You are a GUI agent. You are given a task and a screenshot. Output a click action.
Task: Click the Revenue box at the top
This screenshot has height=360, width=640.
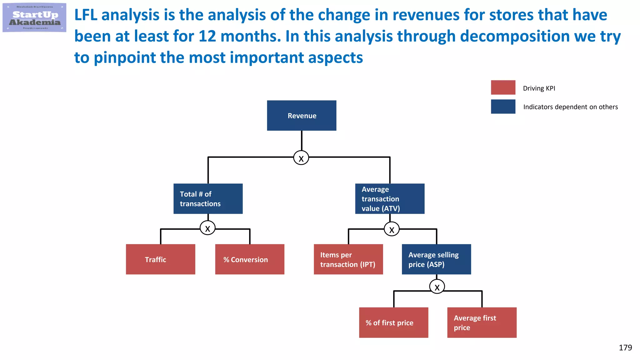click(x=302, y=115)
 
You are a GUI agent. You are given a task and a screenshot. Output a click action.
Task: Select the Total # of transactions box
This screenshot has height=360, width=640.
click(x=208, y=199)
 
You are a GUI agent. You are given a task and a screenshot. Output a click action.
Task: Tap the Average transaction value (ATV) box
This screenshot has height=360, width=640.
click(x=390, y=199)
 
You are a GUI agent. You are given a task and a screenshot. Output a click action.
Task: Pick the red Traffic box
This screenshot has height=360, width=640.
click(x=160, y=259)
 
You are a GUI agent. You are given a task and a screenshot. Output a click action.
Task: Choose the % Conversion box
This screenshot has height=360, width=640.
click(x=250, y=259)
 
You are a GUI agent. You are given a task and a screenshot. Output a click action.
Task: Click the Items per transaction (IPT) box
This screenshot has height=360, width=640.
click(x=348, y=259)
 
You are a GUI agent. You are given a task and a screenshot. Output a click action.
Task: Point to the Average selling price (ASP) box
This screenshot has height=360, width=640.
click(x=436, y=259)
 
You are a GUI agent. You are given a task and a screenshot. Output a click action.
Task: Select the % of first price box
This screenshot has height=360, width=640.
click(x=393, y=322)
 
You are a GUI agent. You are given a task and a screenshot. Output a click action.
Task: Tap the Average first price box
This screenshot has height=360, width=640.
click(x=482, y=322)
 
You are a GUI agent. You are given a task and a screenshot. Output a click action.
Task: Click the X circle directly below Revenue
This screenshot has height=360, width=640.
click(x=301, y=158)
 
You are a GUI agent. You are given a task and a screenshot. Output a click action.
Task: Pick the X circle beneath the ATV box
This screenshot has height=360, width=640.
click(x=392, y=229)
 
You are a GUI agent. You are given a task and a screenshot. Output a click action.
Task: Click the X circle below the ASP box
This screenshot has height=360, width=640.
click(x=437, y=287)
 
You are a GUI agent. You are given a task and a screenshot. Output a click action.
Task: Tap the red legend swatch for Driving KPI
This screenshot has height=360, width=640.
click(x=503, y=87)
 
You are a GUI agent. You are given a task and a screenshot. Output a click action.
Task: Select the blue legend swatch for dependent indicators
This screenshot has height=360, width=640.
click(x=503, y=107)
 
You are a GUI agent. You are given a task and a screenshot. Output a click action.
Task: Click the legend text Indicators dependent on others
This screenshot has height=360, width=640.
click(x=570, y=107)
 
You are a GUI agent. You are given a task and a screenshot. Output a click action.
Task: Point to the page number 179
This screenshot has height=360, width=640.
click(x=625, y=348)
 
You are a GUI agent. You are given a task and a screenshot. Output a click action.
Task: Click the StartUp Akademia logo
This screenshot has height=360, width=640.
click(x=34, y=18)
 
